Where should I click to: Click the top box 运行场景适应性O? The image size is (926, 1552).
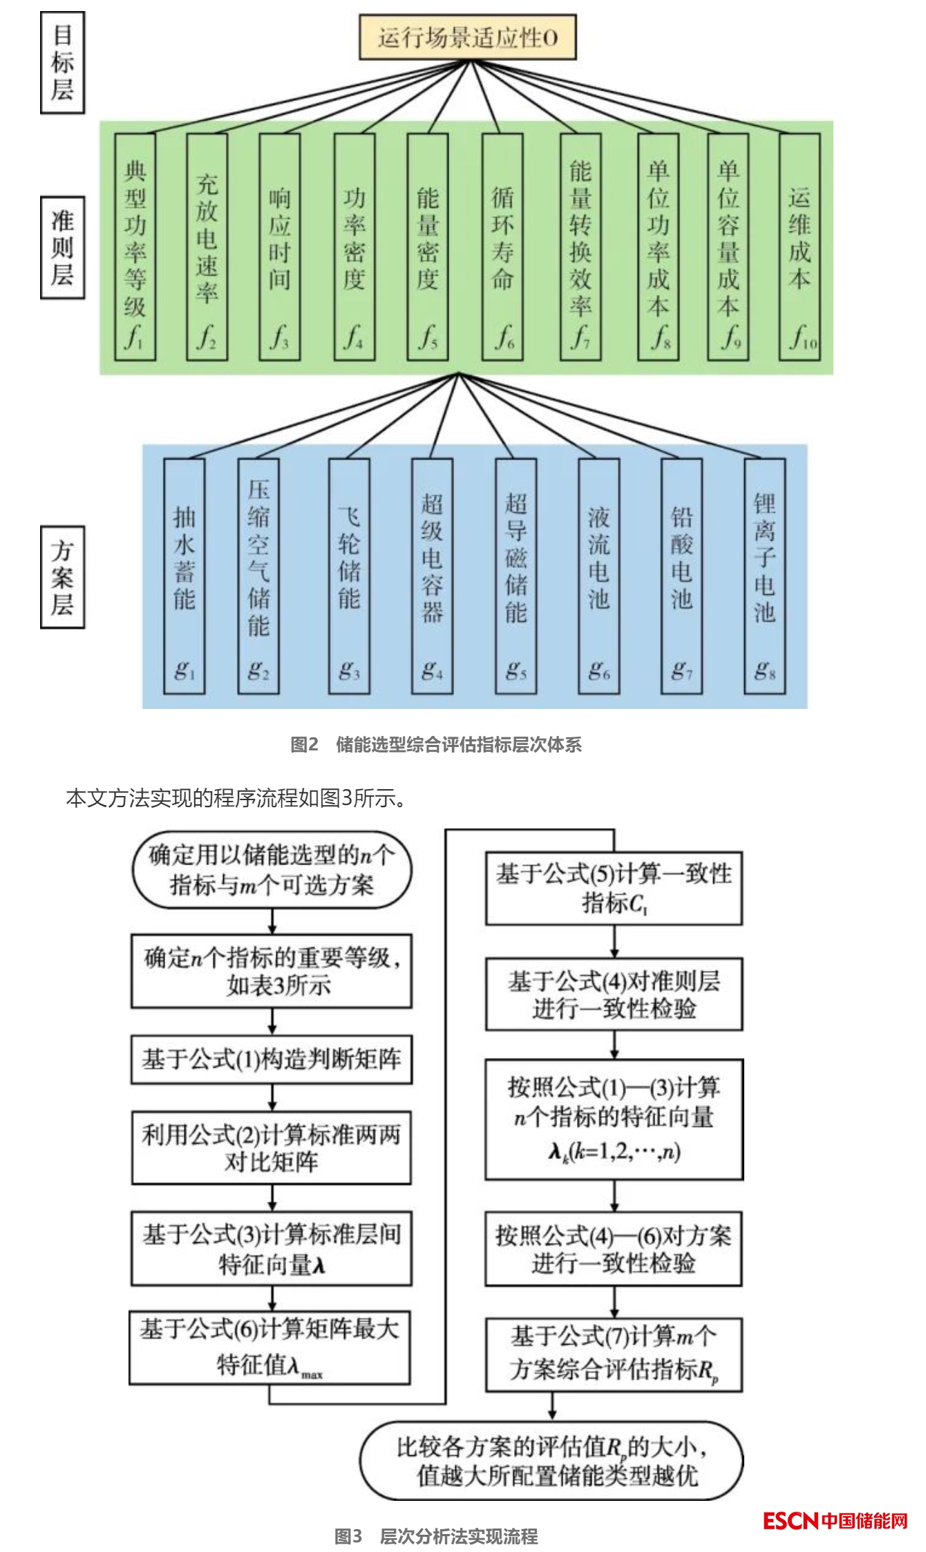[467, 37]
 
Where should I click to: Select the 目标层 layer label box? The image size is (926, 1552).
[62, 63]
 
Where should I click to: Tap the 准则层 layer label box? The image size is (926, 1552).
[62, 247]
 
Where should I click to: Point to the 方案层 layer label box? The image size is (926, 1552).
[62, 577]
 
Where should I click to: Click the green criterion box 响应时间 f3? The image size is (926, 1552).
[279, 247]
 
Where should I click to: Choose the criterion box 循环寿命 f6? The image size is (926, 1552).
[502, 247]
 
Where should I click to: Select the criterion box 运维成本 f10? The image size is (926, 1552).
[800, 247]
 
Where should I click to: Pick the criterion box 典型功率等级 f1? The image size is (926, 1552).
[135, 247]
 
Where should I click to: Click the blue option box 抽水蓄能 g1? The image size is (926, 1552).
[184, 576]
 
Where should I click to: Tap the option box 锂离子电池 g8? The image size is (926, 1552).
[764, 576]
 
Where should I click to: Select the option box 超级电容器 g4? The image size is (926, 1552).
[432, 576]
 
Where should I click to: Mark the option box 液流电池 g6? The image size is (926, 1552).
[598, 576]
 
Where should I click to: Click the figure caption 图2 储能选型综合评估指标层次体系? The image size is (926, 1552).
[436, 744]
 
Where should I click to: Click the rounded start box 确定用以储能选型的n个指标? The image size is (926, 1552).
[272, 870]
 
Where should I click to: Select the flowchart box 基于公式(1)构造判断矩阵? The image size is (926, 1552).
[272, 1059]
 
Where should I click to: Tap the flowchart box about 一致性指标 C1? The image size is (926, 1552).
[614, 888]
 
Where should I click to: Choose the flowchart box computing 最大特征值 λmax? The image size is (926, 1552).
[270, 1347]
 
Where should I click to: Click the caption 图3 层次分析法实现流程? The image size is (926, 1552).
[436, 1536]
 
